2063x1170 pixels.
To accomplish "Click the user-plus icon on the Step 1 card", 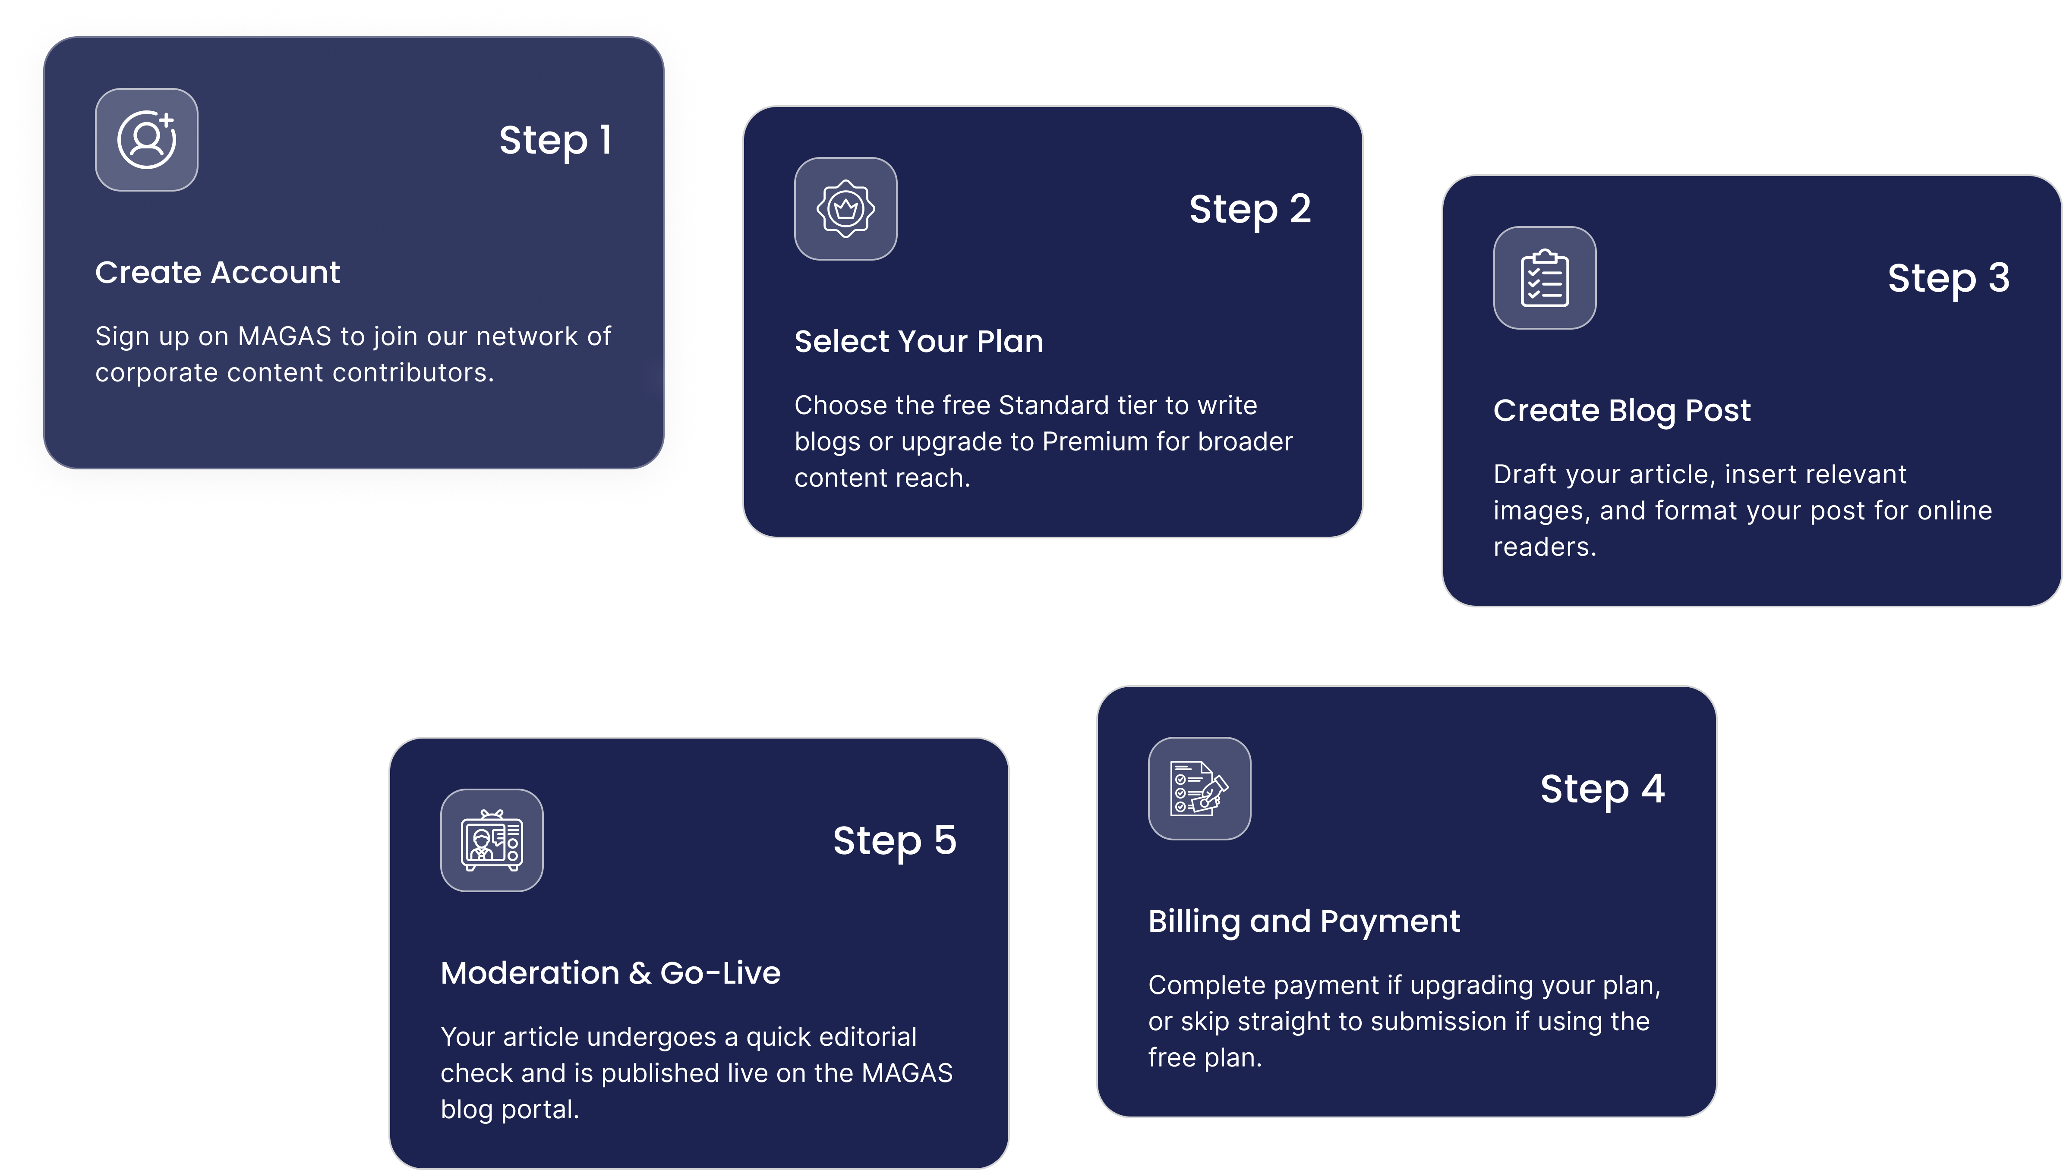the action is coord(146,140).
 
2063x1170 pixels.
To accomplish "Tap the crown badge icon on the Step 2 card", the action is coord(845,209).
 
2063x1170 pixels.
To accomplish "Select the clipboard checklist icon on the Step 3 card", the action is coord(1545,278).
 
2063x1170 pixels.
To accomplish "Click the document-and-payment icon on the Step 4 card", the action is coord(1199,788).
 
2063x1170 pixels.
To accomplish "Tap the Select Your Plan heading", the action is coord(918,342).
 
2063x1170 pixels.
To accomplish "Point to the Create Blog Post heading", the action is coord(1622,411).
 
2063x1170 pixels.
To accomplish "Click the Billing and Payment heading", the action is coord(1303,922).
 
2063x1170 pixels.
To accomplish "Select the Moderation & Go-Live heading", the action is coord(610,973).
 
